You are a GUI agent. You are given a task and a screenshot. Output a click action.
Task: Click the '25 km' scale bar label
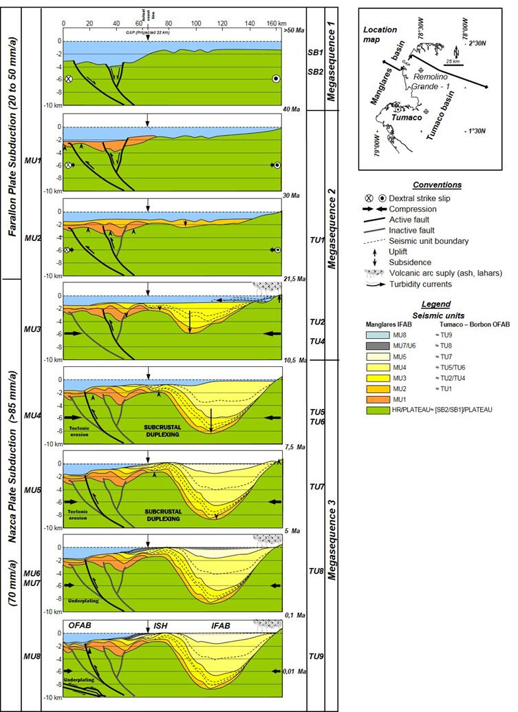click(452, 61)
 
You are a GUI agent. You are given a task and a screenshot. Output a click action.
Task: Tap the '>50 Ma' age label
click(290, 30)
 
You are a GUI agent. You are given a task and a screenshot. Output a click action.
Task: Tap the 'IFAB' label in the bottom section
click(221, 625)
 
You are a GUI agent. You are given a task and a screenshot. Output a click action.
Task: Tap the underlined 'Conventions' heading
click(437, 185)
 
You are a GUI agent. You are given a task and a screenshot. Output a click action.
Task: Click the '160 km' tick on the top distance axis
click(273, 22)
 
